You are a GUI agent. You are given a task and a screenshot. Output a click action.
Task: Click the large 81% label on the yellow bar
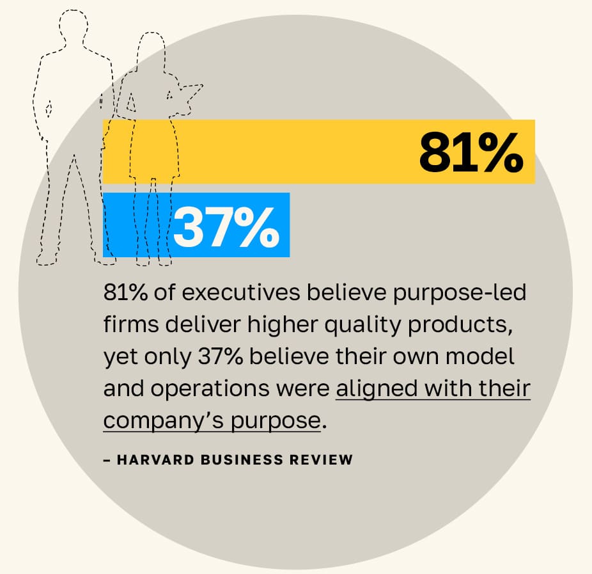pyautogui.click(x=471, y=152)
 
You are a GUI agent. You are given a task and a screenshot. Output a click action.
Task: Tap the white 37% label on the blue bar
pyautogui.click(x=226, y=227)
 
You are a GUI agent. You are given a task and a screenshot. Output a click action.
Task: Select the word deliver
pyautogui.click(x=191, y=326)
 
